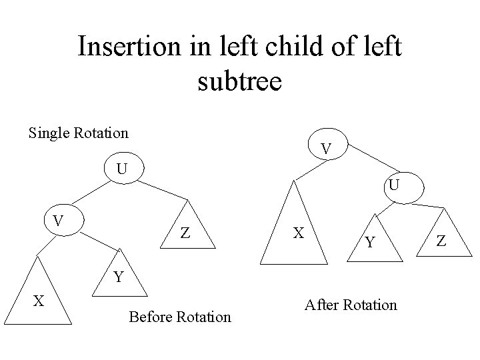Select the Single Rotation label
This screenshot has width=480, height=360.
[79, 133]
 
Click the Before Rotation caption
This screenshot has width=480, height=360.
[180, 317]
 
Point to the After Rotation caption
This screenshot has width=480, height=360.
[350, 305]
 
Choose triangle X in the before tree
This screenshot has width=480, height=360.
[40, 303]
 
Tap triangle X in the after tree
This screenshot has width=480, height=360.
[299, 233]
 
